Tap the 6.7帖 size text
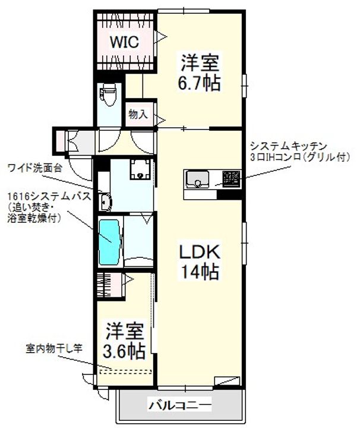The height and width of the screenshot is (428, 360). [201, 82]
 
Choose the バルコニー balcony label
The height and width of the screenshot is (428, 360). [179, 407]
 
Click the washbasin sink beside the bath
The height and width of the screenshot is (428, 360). [106, 202]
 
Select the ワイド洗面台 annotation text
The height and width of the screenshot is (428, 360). [34, 168]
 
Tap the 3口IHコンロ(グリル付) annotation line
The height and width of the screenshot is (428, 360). [292, 158]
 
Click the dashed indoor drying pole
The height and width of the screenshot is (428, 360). [125, 372]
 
